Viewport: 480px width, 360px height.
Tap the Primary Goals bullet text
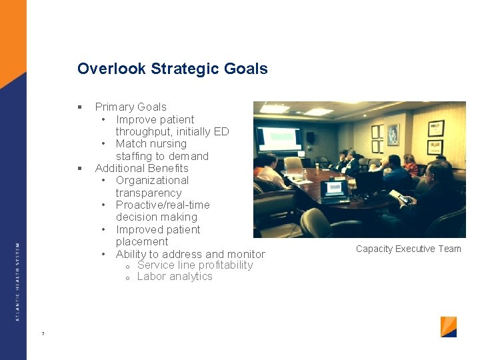[131, 107]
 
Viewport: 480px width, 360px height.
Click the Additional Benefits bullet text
[141, 168]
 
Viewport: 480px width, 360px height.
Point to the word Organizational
[152, 180]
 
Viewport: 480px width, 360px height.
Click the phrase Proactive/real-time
[163, 205]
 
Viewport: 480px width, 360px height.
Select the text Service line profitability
[195, 265]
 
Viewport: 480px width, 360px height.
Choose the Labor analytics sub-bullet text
[175, 277]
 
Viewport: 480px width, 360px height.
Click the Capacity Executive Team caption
[408, 249]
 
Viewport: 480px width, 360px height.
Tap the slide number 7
[43, 333]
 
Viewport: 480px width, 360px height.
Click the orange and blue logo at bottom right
[449, 327]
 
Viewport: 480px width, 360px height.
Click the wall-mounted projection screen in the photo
[279, 138]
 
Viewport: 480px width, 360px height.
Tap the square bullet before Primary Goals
[79, 107]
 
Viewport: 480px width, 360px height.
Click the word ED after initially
[221, 131]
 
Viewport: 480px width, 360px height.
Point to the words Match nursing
[151, 143]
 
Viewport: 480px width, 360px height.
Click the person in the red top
[411, 163]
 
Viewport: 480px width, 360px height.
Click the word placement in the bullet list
[142, 241]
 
